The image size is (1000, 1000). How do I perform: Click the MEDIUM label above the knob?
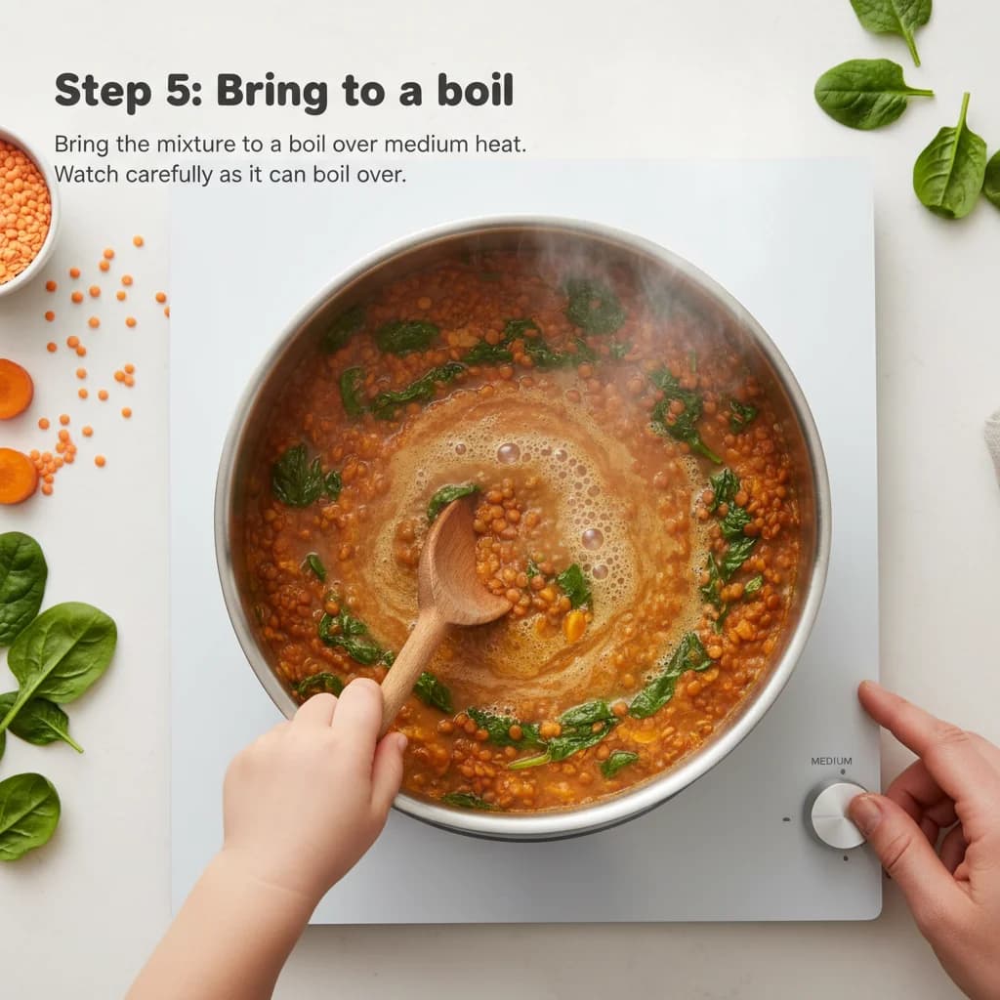(x=831, y=762)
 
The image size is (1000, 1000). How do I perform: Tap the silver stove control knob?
(x=835, y=813)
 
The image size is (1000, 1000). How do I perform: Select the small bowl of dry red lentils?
(x=21, y=210)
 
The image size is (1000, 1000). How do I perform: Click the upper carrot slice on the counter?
(x=14, y=390)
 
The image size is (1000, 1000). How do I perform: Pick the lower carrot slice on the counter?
(x=17, y=476)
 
